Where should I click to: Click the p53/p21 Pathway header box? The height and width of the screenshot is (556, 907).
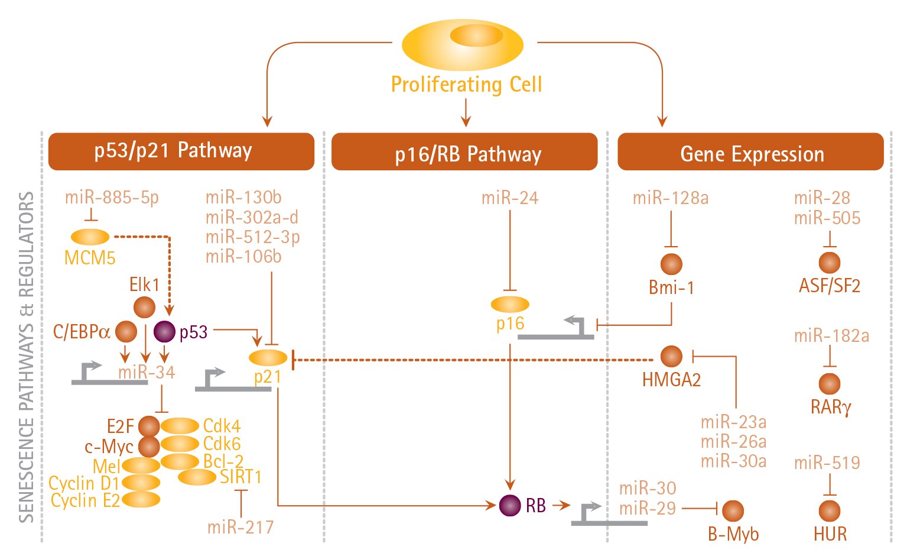pos(181,151)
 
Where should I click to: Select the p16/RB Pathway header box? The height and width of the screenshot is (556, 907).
pos(464,153)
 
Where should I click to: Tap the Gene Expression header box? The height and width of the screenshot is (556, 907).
pos(750,153)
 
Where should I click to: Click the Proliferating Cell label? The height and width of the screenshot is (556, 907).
pos(466,85)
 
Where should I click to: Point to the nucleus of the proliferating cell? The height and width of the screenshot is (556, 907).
pos(476,35)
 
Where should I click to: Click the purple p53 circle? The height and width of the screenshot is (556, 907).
pos(164,331)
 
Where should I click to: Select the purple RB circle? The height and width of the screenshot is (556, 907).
pos(509,505)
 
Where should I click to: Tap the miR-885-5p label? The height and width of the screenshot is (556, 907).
pos(112,197)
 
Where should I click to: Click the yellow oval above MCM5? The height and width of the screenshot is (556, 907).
pos(90,237)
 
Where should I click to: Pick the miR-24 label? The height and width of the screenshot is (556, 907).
pos(510,198)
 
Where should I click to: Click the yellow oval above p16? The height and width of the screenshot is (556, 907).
pos(510,304)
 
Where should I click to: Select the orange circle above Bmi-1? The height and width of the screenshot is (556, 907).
pos(671,264)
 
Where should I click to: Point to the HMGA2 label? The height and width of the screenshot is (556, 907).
pos(671,380)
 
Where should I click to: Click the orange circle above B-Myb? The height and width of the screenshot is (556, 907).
pos(733,510)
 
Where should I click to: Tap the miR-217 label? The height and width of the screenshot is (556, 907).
pos(240,526)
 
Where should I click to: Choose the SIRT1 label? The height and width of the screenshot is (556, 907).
pos(240,476)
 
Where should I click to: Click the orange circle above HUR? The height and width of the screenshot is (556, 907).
pos(830,510)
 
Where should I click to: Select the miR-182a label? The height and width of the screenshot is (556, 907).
pos(831,336)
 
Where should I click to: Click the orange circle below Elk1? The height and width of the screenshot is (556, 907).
pos(144,307)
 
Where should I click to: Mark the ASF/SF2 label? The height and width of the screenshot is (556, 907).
pos(830,286)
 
